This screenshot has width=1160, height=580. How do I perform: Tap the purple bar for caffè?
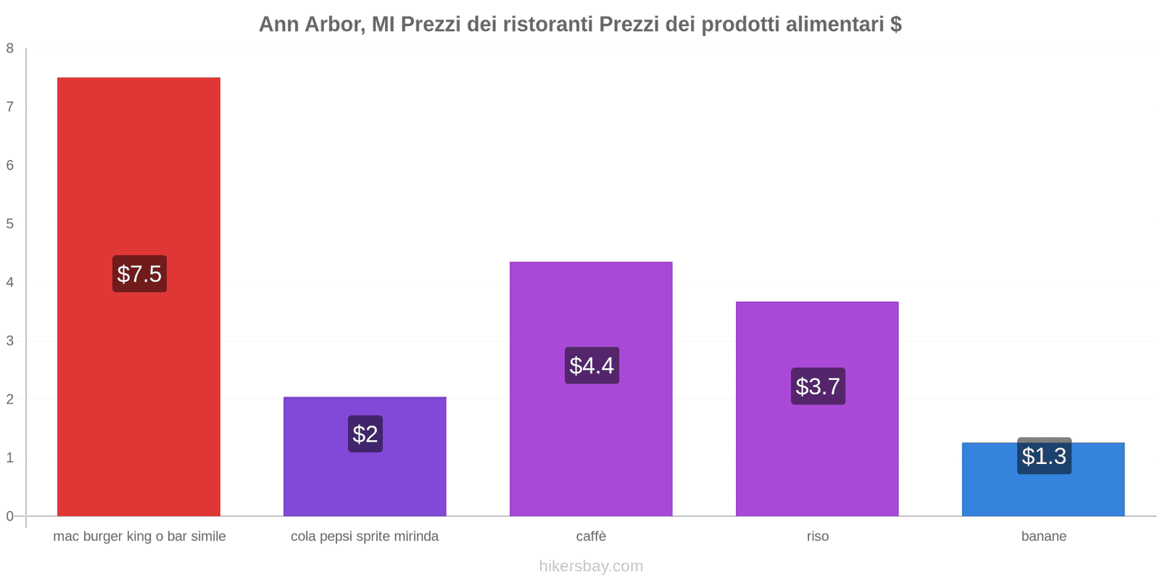pyautogui.click(x=591, y=304)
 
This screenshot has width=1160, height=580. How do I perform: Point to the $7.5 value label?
pyautogui.click(x=139, y=274)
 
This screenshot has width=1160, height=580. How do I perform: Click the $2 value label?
pyautogui.click(x=365, y=434)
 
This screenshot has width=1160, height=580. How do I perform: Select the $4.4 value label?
pyautogui.click(x=592, y=365)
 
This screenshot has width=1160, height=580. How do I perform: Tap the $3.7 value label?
pyautogui.click(x=818, y=386)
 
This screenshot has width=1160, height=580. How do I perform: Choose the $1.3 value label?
pyautogui.click(x=1044, y=456)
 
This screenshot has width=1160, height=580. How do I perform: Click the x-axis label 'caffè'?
pyautogui.click(x=591, y=536)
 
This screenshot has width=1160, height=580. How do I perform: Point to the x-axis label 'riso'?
pyautogui.click(x=817, y=536)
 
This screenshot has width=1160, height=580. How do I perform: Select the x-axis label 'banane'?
pyautogui.click(x=1043, y=536)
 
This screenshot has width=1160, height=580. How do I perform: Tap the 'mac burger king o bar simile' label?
pyautogui.click(x=139, y=536)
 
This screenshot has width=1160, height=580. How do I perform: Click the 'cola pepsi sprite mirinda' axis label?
pyautogui.click(x=365, y=536)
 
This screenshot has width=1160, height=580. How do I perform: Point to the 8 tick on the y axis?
pyautogui.click(x=10, y=49)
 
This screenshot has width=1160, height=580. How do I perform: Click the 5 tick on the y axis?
pyautogui.click(x=10, y=224)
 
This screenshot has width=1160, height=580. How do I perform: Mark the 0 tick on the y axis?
pyautogui.click(x=10, y=516)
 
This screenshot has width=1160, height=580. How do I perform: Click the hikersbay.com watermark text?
pyautogui.click(x=591, y=566)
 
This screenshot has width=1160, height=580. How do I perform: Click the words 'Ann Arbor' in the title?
pyautogui.click(x=310, y=25)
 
